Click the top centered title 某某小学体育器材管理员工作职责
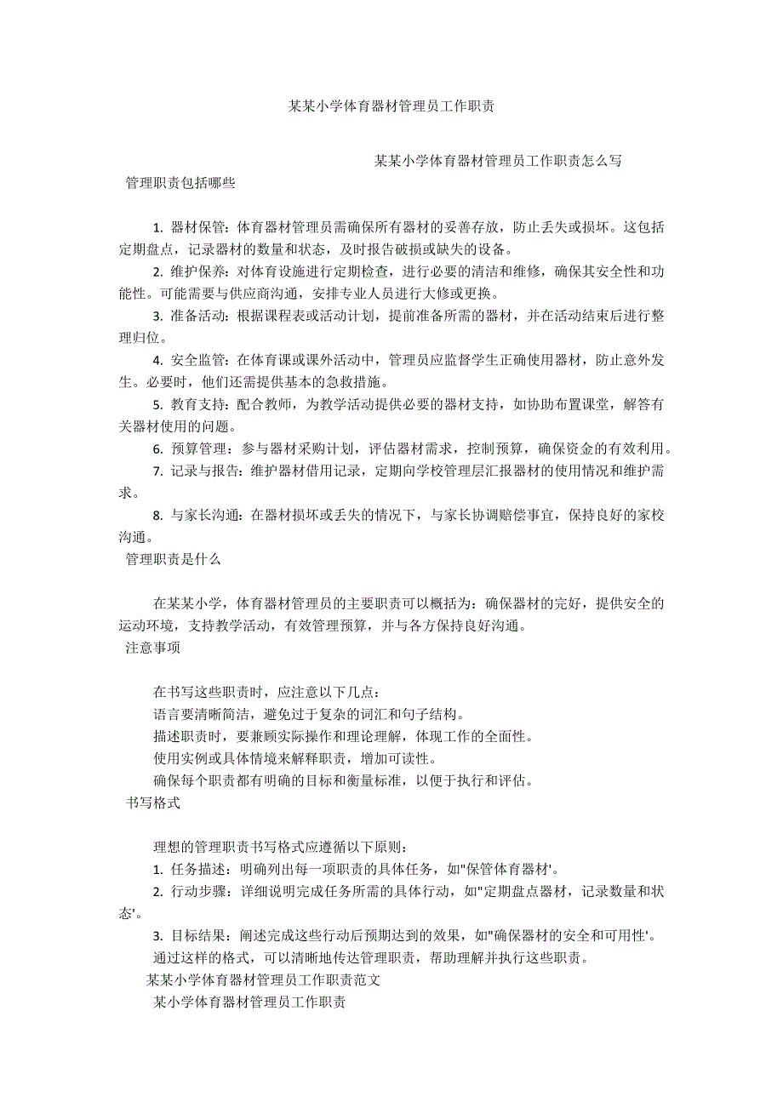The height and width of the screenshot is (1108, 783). (x=391, y=106)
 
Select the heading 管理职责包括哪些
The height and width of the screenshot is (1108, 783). (x=180, y=182)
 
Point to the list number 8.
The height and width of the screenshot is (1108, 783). (x=157, y=515)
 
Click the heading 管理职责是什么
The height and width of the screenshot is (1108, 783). (x=174, y=559)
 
